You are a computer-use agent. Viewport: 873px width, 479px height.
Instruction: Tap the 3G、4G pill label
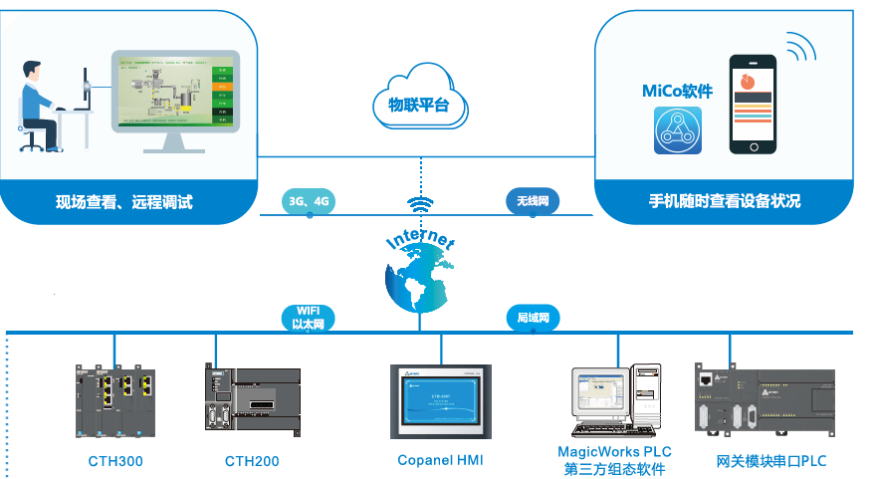click(309, 201)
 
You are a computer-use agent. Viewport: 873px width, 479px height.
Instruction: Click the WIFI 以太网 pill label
click(309, 317)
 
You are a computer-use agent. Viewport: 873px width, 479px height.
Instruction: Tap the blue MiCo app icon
click(678, 130)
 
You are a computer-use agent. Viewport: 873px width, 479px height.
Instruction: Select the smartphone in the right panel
click(753, 104)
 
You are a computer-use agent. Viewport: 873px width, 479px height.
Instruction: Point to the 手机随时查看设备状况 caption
click(724, 201)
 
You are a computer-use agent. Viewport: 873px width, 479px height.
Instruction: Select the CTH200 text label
click(252, 461)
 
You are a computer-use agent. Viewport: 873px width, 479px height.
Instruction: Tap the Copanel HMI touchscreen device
click(440, 402)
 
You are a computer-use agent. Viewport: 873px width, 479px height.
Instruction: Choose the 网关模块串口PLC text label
click(771, 461)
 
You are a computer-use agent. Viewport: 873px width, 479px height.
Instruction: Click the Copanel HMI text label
click(440, 460)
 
